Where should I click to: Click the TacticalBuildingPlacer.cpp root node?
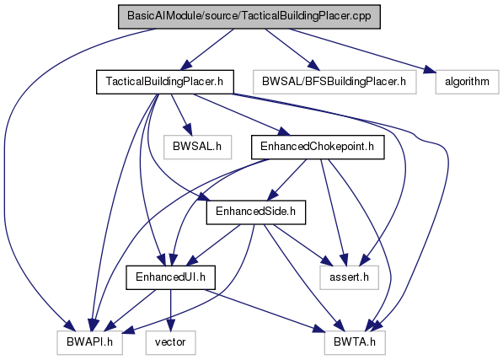click(x=249, y=17)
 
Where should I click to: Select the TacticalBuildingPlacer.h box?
click(x=164, y=82)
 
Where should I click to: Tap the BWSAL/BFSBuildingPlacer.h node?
click(x=334, y=82)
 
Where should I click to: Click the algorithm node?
click(x=467, y=82)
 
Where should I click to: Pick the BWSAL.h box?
click(x=197, y=147)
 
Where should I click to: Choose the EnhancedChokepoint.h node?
click(x=318, y=147)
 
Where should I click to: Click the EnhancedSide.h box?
click(x=255, y=212)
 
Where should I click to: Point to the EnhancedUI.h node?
click(x=170, y=277)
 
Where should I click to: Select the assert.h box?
click(x=349, y=277)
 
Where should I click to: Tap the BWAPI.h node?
click(x=90, y=342)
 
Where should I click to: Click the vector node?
click(x=170, y=342)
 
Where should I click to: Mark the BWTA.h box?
click(x=355, y=342)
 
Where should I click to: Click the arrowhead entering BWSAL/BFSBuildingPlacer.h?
click(x=314, y=66)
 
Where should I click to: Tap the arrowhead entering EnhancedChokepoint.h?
click(x=284, y=132)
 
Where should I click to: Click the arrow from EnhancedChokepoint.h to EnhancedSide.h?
click(x=286, y=180)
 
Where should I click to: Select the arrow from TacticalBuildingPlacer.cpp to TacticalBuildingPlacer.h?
click(x=206, y=50)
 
